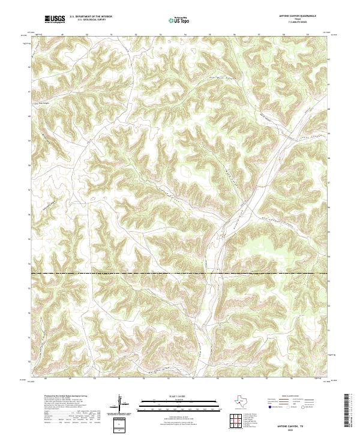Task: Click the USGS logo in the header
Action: [x=55, y=20]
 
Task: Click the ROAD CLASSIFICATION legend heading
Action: [x=287, y=397]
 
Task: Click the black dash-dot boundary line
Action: [x=180, y=274]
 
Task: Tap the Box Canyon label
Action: [x=40, y=101]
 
